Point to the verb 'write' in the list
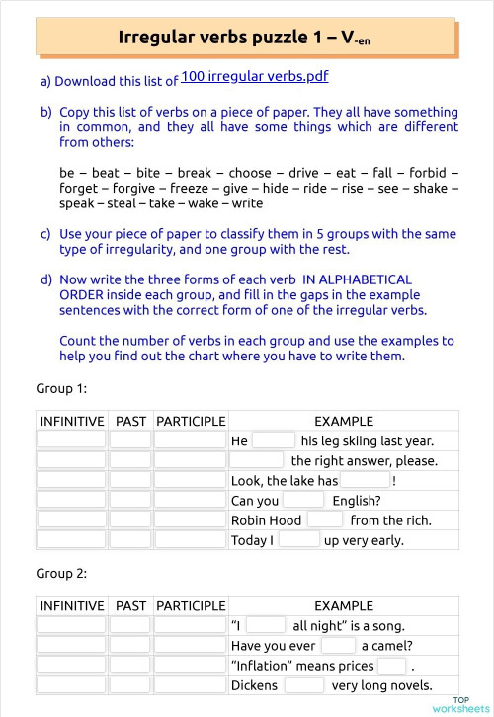pyautogui.click(x=247, y=203)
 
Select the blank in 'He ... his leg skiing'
pyautogui.click(x=274, y=440)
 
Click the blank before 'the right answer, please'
pyautogui.click(x=258, y=460)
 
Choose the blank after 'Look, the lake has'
pyautogui.click(x=365, y=480)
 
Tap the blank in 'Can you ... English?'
pyautogui.click(x=302, y=500)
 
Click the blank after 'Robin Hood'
pyautogui.click(x=325, y=519)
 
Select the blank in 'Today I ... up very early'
pyautogui.click(x=298, y=539)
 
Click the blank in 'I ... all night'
pyautogui.click(x=265, y=625)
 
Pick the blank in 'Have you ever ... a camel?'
pyautogui.click(x=338, y=645)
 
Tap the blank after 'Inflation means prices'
pyautogui.click(x=391, y=665)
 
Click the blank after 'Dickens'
pyautogui.click(x=303, y=684)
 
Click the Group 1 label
pyautogui.click(x=61, y=389)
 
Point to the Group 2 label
pyautogui.click(x=61, y=574)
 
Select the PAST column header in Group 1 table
pyautogui.click(x=130, y=421)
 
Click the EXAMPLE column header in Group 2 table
pyautogui.click(x=343, y=605)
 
